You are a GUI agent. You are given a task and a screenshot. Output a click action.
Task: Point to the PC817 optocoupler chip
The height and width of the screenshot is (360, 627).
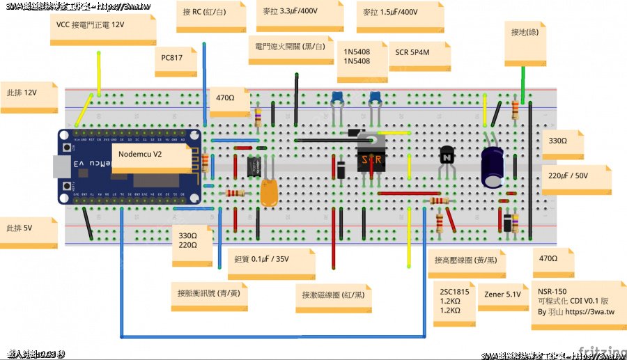(253, 166)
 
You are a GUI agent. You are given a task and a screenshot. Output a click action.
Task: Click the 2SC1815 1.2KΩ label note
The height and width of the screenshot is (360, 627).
(454, 302)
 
